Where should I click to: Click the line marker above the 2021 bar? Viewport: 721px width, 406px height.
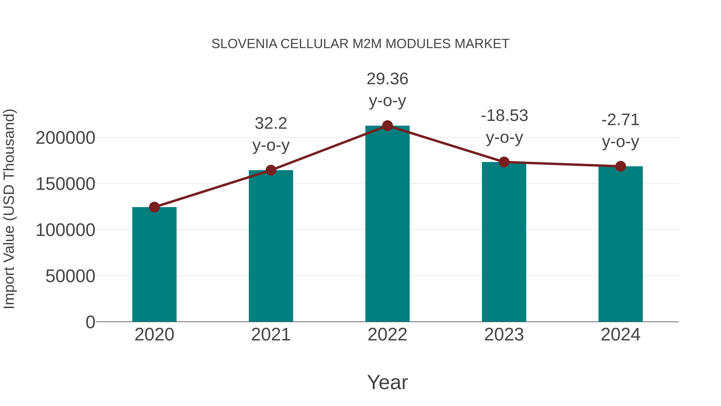coord(271,170)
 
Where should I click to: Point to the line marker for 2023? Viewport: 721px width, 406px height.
coord(504,162)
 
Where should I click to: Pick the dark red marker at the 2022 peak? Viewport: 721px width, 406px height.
coord(387,126)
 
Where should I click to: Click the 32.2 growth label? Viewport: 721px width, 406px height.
coord(271,123)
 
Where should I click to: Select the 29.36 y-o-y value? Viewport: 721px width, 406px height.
coord(387,79)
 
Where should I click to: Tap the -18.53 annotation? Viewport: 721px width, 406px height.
coord(504,115)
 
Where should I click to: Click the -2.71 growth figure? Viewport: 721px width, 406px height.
coord(620,120)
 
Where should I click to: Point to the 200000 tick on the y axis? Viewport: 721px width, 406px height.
coord(65,138)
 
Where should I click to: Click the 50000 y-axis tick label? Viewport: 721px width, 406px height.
coord(70,276)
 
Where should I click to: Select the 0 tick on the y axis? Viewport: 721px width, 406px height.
coord(90,322)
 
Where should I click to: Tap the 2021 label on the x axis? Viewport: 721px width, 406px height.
coord(271,335)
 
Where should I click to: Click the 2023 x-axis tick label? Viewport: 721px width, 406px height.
coord(504,335)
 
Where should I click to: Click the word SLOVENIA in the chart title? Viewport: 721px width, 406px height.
coord(244,44)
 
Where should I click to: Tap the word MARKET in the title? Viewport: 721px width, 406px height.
coord(482,44)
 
